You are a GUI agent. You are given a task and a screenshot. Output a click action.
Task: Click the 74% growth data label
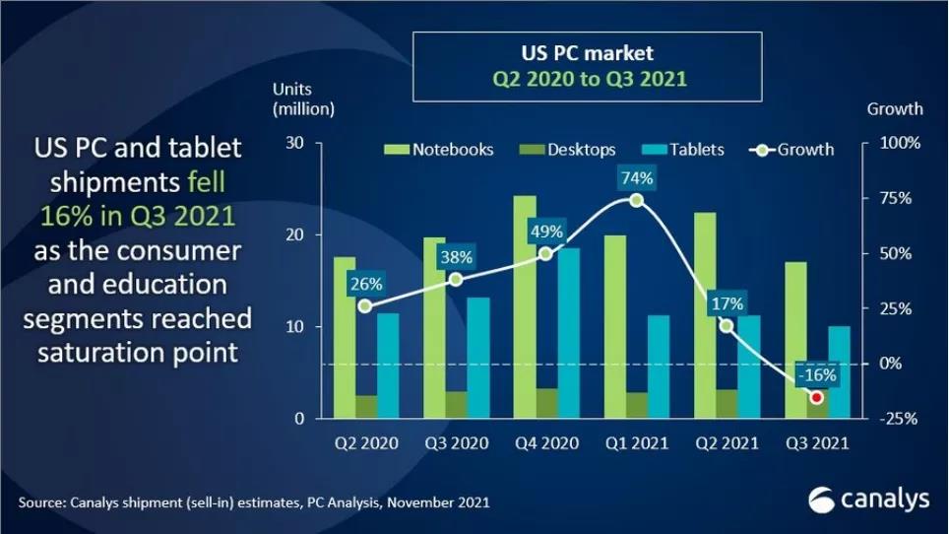coord(636,178)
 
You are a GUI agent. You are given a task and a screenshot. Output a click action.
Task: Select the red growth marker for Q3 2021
coord(816,396)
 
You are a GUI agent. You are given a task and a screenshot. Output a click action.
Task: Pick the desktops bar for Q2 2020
coord(366,407)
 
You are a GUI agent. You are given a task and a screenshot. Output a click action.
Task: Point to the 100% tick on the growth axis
coord(900,143)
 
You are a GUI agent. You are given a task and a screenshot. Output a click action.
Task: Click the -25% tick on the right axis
coord(900,419)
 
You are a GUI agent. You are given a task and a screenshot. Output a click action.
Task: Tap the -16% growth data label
coord(817,374)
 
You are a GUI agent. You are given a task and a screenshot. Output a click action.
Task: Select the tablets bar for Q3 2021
coord(839,371)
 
